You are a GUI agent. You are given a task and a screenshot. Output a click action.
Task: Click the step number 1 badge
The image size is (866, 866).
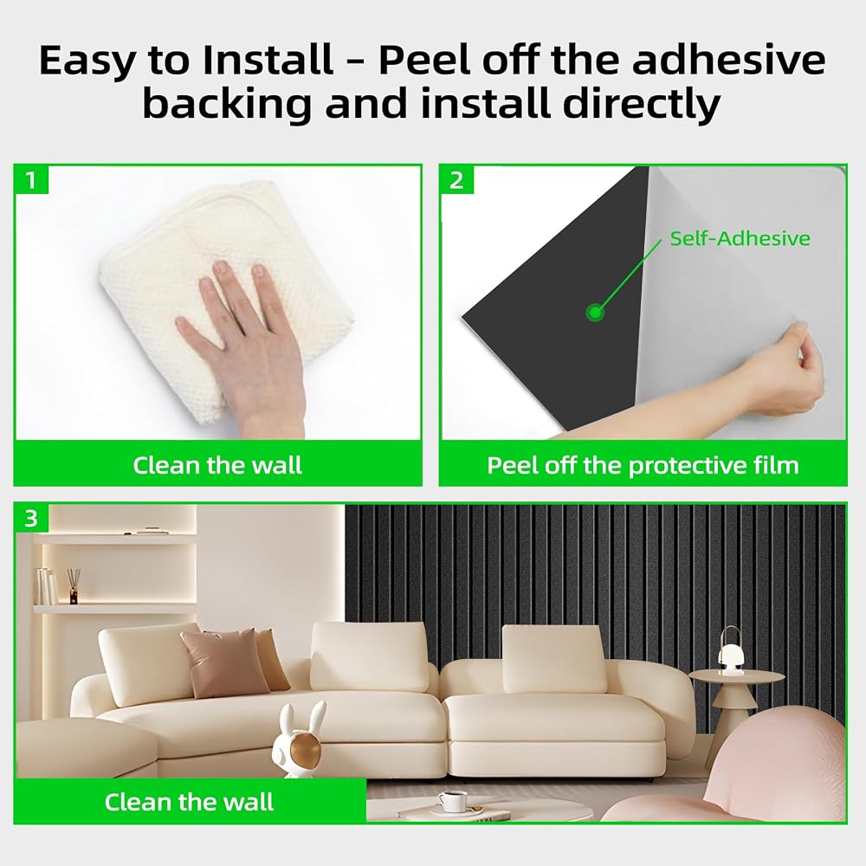[31, 180]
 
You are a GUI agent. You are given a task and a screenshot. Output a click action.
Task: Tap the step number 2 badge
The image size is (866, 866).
[456, 180]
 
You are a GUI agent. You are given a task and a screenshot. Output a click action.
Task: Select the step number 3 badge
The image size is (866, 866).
[31, 518]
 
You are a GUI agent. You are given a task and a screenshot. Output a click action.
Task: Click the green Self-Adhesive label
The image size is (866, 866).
[740, 239]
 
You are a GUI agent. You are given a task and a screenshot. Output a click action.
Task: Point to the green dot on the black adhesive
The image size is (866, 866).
[595, 313]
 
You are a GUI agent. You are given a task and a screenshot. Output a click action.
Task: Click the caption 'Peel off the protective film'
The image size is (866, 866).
[643, 466]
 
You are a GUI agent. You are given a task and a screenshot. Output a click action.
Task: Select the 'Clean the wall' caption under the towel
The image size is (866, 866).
[217, 466]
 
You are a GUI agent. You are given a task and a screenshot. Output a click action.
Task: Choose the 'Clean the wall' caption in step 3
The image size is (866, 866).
[189, 802]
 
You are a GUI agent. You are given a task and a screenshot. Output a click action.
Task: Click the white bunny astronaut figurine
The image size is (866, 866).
[298, 740]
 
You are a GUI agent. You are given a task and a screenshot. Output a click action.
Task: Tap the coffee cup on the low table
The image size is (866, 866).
[453, 801]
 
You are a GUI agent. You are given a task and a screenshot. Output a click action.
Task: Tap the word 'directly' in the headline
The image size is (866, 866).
[641, 103]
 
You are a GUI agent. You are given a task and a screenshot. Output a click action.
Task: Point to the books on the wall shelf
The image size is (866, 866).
[48, 585]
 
